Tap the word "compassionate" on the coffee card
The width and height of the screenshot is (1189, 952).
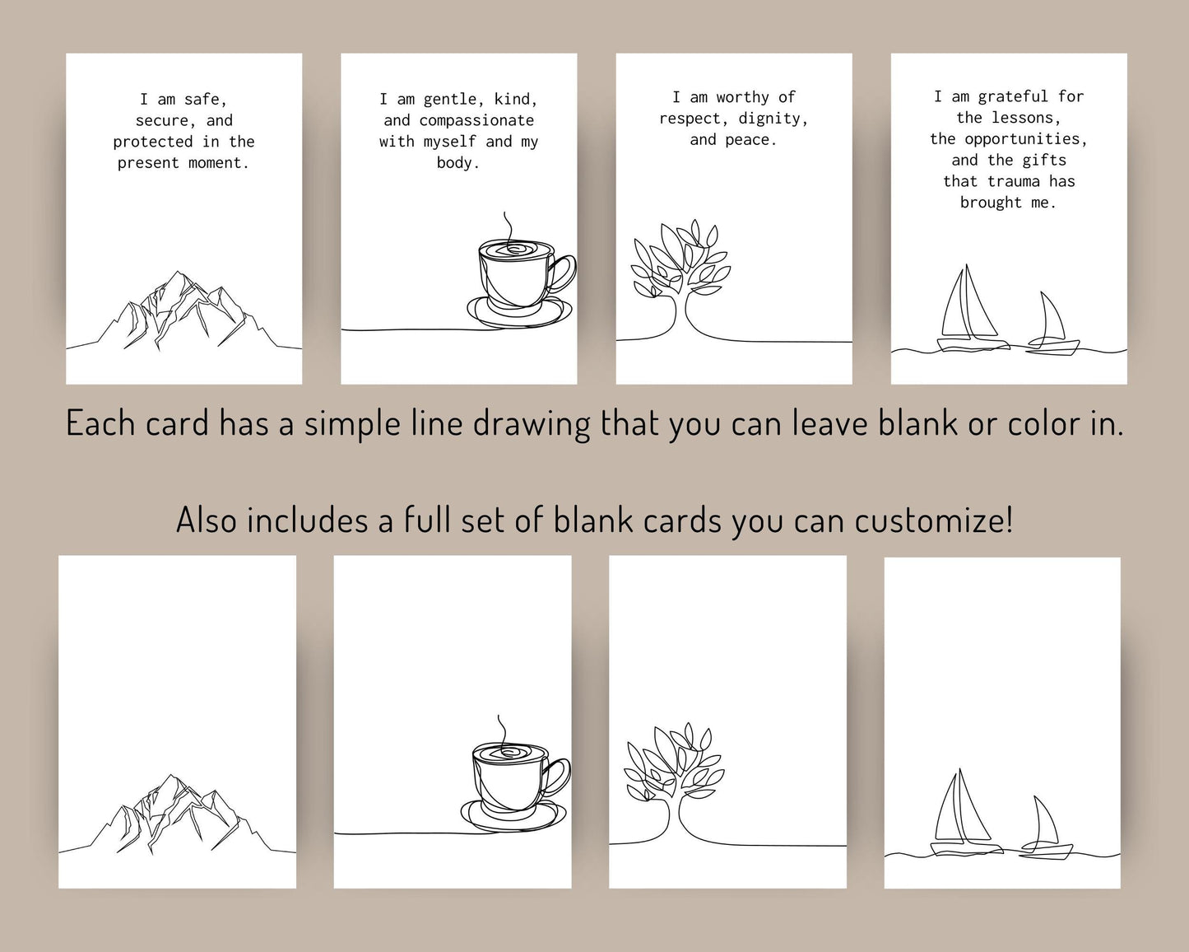pyautogui.click(x=476, y=121)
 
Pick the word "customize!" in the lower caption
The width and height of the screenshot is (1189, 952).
pyautogui.click(x=934, y=520)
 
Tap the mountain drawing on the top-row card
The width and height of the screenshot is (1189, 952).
pyautogui.click(x=184, y=310)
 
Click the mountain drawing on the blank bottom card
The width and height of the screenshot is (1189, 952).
pyautogui.click(x=177, y=814)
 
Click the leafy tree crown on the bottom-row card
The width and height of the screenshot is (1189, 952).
pyautogui.click(x=674, y=762)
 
